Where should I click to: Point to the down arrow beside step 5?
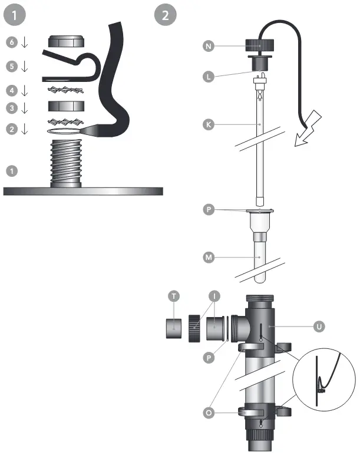click(x=24, y=67)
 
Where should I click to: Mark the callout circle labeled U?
click(x=319, y=325)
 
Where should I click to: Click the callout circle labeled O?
click(x=207, y=413)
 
